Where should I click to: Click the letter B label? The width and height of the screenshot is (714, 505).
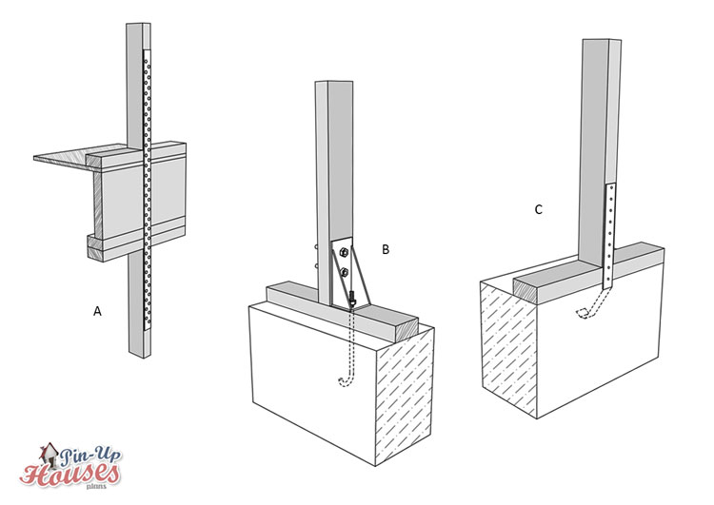coord(386,249)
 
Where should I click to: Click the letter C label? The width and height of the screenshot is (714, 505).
coord(538,208)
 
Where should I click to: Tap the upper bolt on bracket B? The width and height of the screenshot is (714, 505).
coord(342,254)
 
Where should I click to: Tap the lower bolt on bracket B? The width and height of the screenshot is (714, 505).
coord(343,274)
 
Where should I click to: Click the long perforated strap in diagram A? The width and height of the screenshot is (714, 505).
coord(147,190)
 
